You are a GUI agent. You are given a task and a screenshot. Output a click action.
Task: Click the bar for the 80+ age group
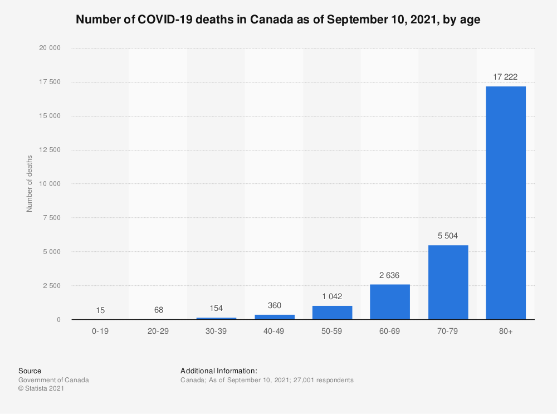tap(505, 203)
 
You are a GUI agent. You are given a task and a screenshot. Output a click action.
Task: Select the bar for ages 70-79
tap(447, 283)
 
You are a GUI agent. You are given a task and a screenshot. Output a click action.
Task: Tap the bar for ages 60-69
tap(389, 302)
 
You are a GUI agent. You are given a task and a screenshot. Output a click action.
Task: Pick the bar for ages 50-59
tap(332, 313)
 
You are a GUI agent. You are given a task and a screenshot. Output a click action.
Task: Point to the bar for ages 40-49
tap(274, 317)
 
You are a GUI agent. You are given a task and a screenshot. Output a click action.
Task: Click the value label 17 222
tap(505, 77)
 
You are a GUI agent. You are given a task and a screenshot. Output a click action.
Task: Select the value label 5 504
tap(447, 236)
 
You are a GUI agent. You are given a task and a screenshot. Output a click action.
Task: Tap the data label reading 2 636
tap(389, 275)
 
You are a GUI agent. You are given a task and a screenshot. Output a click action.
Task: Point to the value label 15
tap(100, 310)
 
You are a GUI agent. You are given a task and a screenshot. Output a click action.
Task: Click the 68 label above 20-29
tap(158, 309)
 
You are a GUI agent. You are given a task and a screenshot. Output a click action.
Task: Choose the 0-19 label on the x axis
tap(100, 330)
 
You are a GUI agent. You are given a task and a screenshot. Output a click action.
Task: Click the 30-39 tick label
tap(216, 330)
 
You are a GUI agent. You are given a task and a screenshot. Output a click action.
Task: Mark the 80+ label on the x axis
tap(505, 330)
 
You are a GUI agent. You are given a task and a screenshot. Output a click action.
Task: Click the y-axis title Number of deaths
tap(30, 184)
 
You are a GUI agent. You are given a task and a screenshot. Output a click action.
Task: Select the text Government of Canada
tap(53, 380)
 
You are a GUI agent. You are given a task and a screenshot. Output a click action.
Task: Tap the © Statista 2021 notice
tap(41, 389)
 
